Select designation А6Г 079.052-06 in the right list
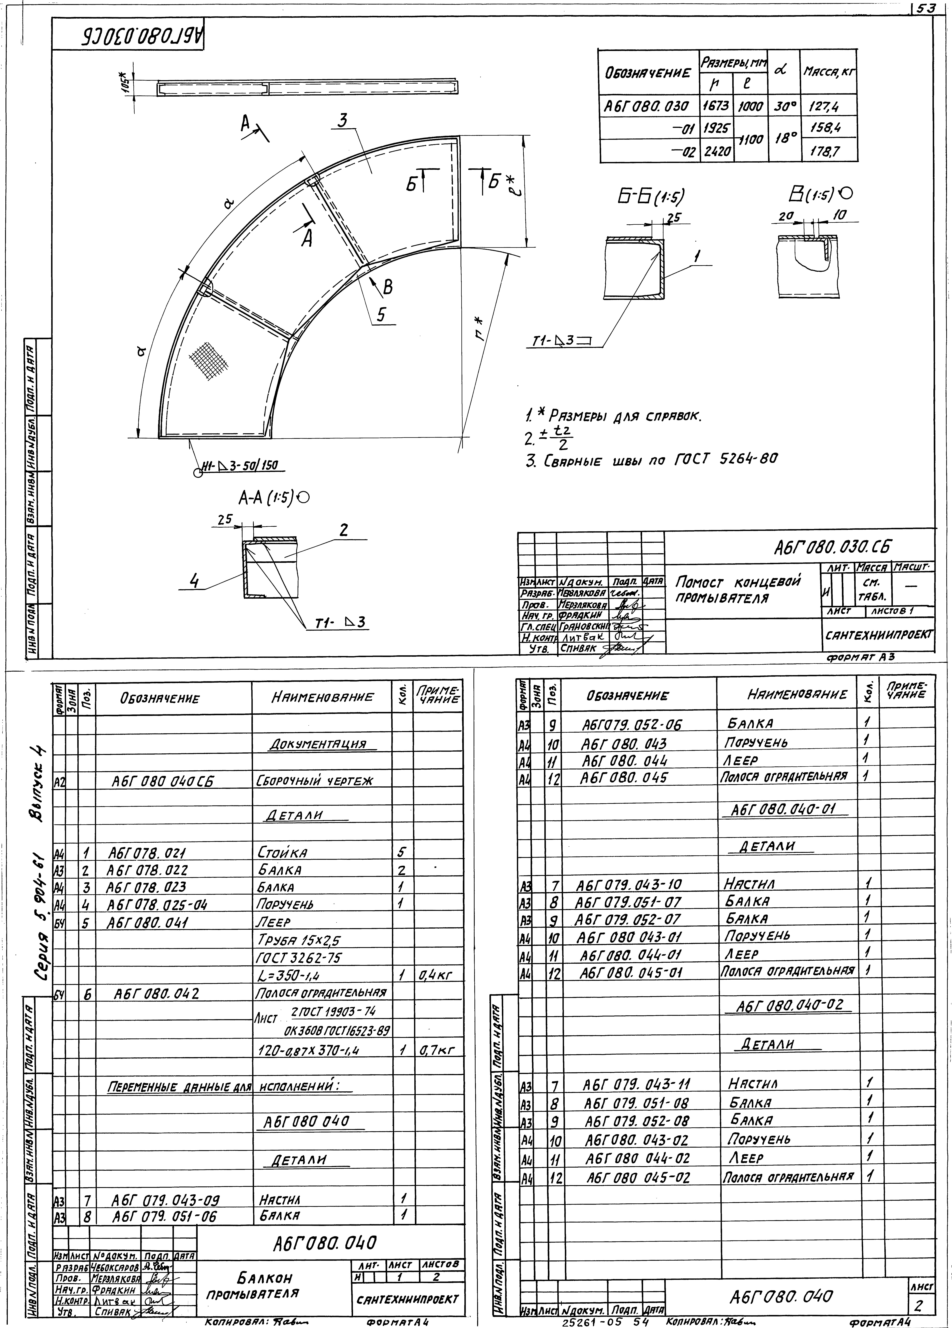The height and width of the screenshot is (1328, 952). (632, 725)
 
